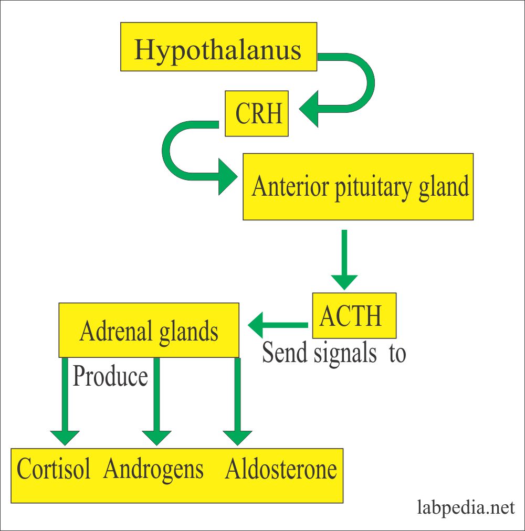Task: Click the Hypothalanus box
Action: pos(218,47)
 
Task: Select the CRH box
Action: pos(257,114)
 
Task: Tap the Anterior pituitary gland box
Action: pos(358,186)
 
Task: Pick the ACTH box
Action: pos(354,315)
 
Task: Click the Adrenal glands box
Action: pos(149,330)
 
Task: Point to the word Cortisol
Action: pos(54,469)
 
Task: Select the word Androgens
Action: pos(153,469)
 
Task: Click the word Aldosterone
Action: pos(281,469)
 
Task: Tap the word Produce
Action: pos(110,376)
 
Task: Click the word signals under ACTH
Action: pos(345,353)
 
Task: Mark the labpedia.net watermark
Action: pos(466,507)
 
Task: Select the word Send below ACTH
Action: pos(285,353)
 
